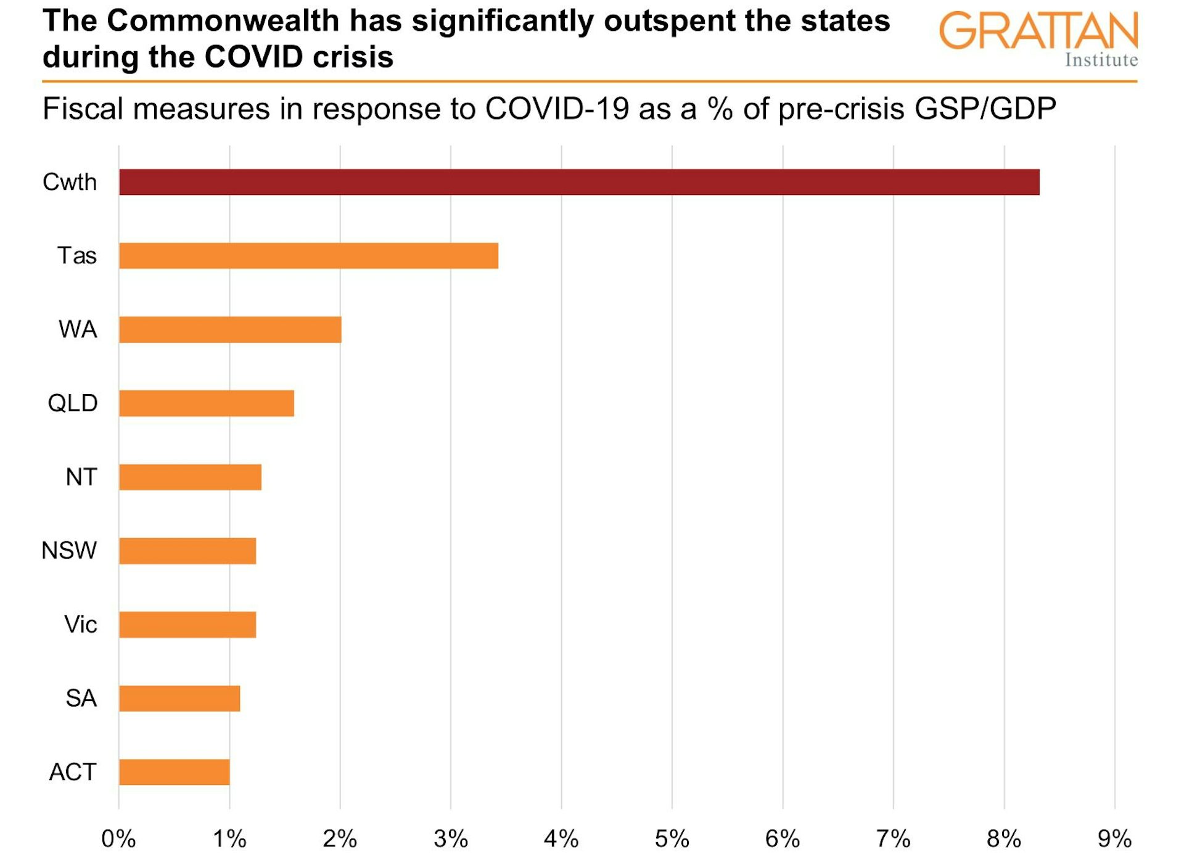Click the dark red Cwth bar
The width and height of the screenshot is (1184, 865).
click(x=579, y=182)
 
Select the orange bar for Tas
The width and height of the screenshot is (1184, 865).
click(x=308, y=256)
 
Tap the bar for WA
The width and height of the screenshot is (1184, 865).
click(x=230, y=330)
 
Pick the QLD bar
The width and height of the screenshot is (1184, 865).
click(x=207, y=403)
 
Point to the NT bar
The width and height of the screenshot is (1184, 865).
click(x=190, y=477)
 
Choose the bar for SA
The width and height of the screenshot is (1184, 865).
click(x=179, y=699)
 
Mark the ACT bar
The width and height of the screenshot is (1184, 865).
click(x=175, y=772)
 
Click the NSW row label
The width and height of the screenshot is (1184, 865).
click(x=69, y=551)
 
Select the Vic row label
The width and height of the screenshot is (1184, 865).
click(x=81, y=625)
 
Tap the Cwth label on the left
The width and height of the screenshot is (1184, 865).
click(x=70, y=182)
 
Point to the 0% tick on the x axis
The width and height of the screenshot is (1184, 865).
click(x=118, y=839)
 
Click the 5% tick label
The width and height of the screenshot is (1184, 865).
click(x=672, y=839)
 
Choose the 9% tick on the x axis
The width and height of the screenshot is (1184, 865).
click(x=1114, y=839)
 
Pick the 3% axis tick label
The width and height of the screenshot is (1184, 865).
click(x=451, y=839)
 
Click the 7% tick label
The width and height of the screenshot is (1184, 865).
click(x=893, y=839)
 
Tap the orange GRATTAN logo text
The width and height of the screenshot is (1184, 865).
click(x=1038, y=31)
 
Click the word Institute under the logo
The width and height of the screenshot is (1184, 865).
click(x=1101, y=60)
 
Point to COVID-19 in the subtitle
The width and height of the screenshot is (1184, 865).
click(x=557, y=109)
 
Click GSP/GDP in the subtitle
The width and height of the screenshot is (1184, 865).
click(x=985, y=109)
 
